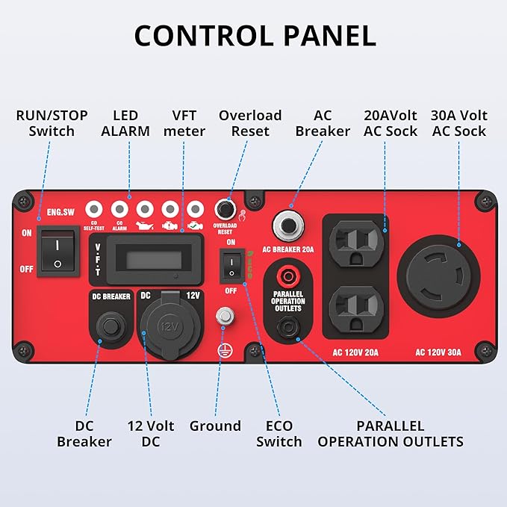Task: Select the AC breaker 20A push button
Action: coord(287,223)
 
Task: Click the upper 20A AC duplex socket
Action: coord(355,240)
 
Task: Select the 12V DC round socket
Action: coord(169,326)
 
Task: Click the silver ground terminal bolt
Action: coord(221,317)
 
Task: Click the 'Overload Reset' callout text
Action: coord(250,123)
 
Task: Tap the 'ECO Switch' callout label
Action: coord(279,434)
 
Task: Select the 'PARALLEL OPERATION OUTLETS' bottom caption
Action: coord(391,434)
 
